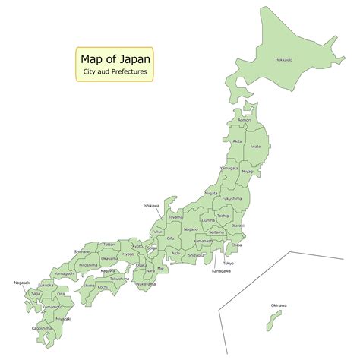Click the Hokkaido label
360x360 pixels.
284,59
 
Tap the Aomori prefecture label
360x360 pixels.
244,120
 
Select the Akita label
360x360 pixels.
237,141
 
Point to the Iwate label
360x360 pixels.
255,147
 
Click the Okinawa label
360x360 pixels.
279,305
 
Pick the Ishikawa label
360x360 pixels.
151,205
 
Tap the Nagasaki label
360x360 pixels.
22,283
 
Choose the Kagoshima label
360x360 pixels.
42,328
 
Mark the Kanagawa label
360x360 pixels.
222,271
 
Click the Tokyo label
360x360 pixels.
229,263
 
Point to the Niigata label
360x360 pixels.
212,193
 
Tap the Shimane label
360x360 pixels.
82,251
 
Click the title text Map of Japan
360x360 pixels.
115,58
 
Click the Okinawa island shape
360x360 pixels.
268,324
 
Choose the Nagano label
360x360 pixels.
191,229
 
